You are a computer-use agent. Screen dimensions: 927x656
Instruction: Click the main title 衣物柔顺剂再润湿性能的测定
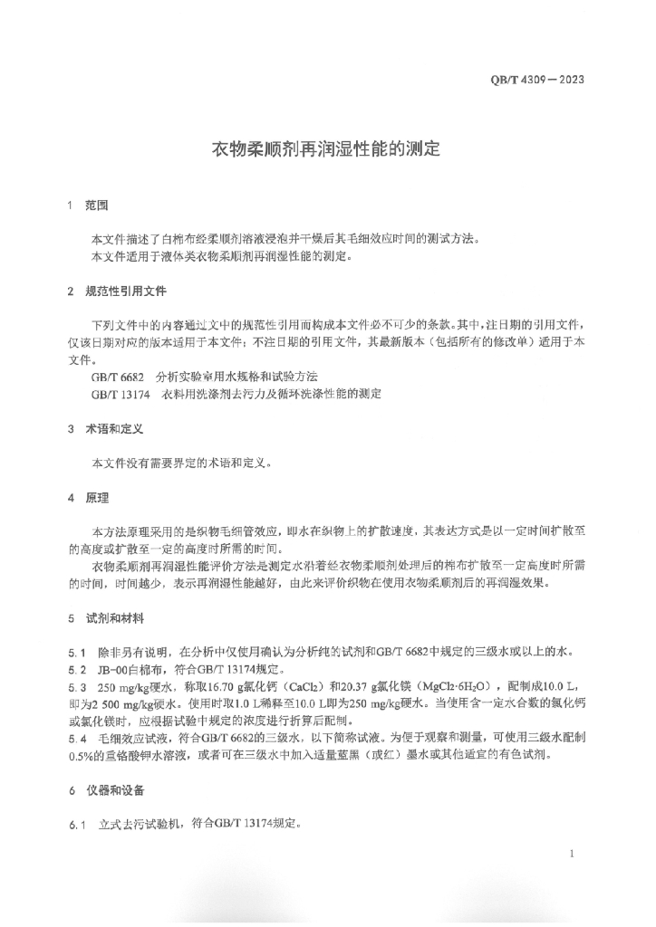326,148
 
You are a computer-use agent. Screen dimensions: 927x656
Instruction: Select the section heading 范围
97,205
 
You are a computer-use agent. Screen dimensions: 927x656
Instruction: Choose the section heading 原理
97,497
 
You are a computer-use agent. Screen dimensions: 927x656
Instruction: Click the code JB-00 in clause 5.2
113,669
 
